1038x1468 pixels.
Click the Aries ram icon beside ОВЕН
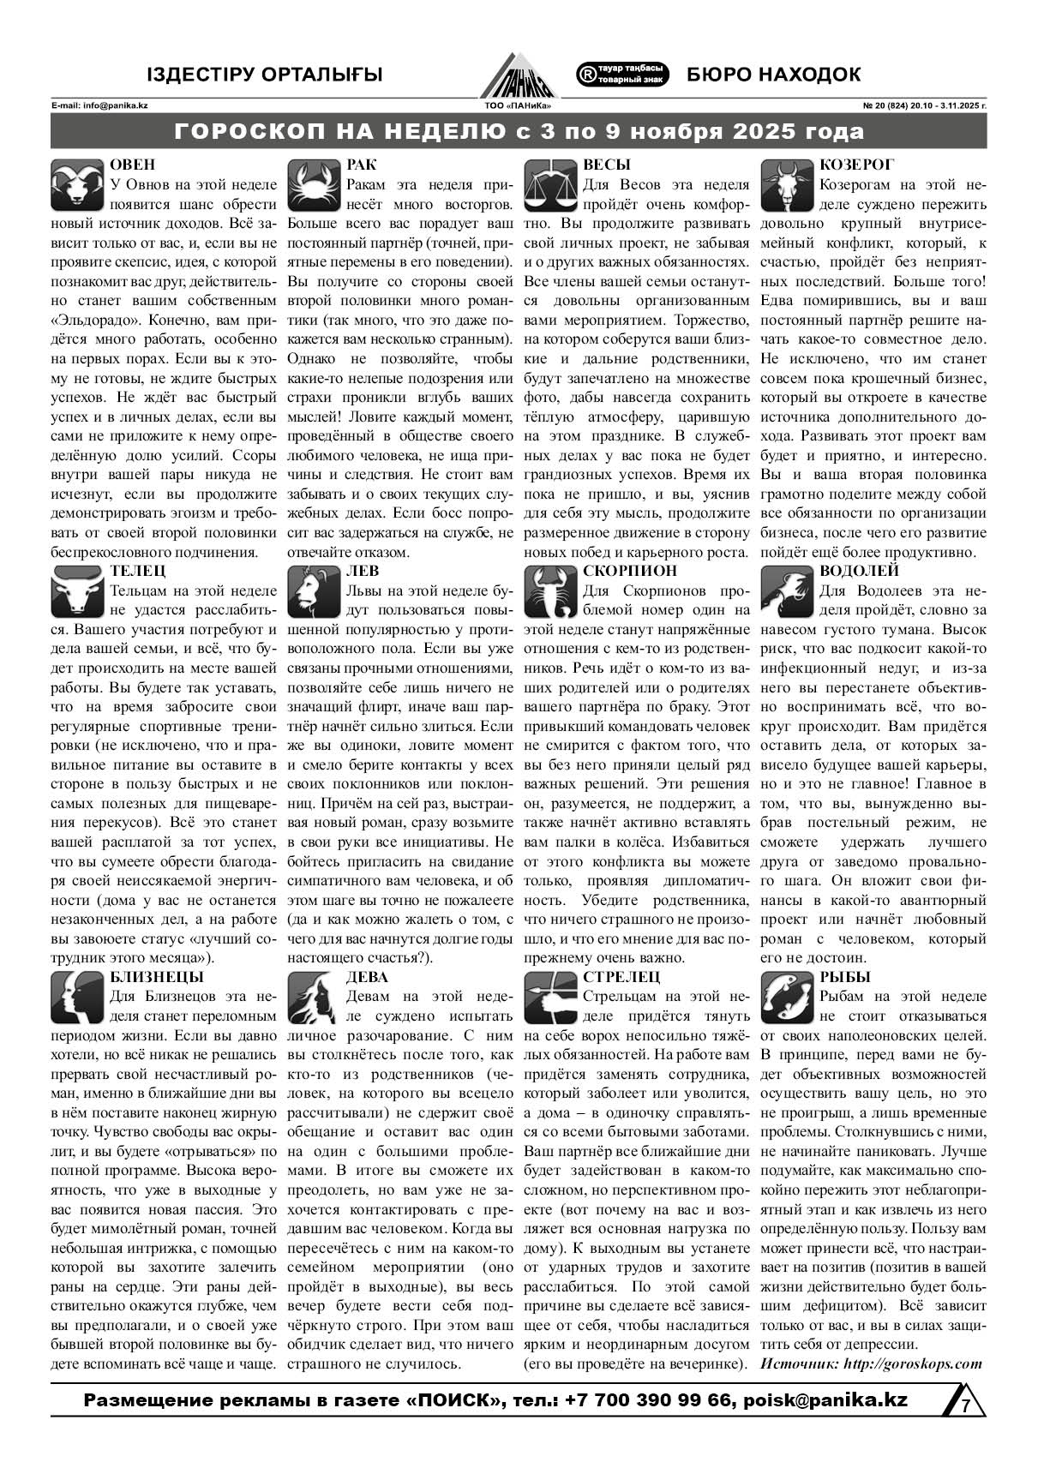(77, 185)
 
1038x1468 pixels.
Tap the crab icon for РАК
(314, 185)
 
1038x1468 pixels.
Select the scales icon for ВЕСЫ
(549, 185)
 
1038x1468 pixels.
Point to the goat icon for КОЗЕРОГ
(787, 185)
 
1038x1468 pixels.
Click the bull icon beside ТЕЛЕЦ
(77, 592)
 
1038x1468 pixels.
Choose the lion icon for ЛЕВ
(314, 592)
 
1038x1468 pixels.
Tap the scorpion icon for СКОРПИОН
(549, 592)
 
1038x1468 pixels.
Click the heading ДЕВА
(367, 977)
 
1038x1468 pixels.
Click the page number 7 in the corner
(965, 1406)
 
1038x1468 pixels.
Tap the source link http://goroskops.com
(912, 1363)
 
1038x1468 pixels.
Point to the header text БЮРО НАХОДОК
(773, 75)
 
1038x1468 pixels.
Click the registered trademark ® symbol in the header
(587, 75)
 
